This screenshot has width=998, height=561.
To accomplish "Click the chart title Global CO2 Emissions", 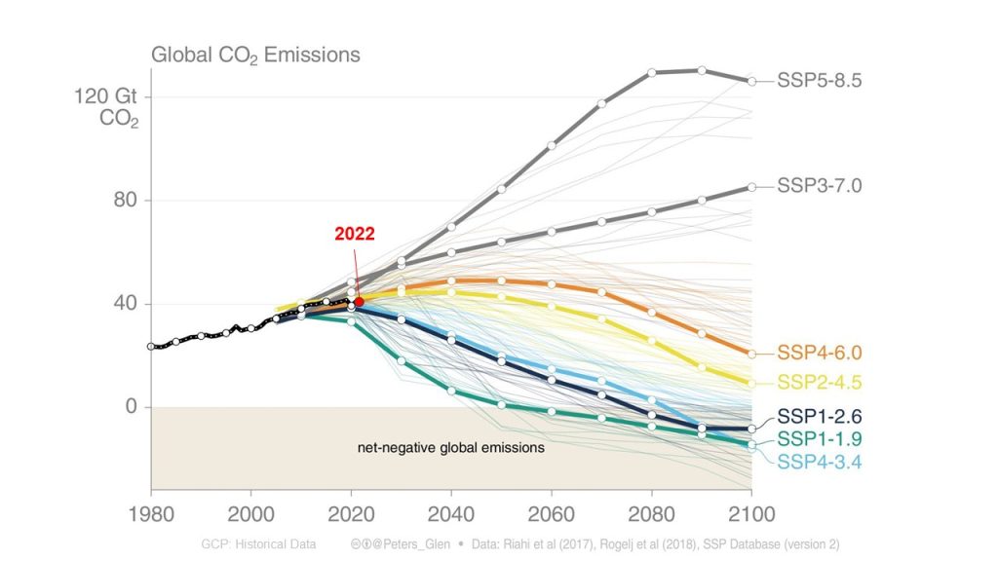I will pyautogui.click(x=255, y=55).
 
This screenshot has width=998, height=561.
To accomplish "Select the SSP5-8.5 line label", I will pyautogui.click(x=819, y=81).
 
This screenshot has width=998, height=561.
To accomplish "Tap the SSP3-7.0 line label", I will pyautogui.click(x=819, y=185).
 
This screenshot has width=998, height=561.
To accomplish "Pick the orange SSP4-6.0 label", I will pyautogui.click(x=819, y=353).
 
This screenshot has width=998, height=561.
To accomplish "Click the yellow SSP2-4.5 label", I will pyautogui.click(x=819, y=382).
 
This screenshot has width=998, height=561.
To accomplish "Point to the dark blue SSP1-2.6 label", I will pyautogui.click(x=819, y=416).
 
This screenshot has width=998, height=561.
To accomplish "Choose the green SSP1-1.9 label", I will pyautogui.click(x=819, y=439).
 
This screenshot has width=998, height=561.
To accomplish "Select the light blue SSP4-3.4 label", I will pyautogui.click(x=819, y=461).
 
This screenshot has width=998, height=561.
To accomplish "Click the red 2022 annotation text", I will pyautogui.click(x=354, y=234).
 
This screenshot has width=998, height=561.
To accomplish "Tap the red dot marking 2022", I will pyautogui.click(x=359, y=302).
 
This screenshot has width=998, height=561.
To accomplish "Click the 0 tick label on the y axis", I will pyautogui.click(x=132, y=407).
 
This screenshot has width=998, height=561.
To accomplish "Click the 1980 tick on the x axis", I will pyautogui.click(x=151, y=513).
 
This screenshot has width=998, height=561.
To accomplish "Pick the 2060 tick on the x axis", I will pyautogui.click(x=552, y=513).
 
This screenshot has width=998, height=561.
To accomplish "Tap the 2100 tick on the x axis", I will pyautogui.click(x=750, y=513).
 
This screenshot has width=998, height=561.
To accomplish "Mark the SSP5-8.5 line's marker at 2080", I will pyautogui.click(x=651, y=72).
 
